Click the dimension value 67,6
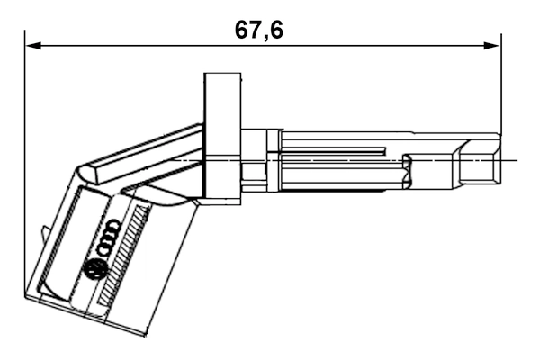258,30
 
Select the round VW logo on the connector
94,268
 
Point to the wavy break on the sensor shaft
406,171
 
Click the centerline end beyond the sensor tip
514,160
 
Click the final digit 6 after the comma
275,30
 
